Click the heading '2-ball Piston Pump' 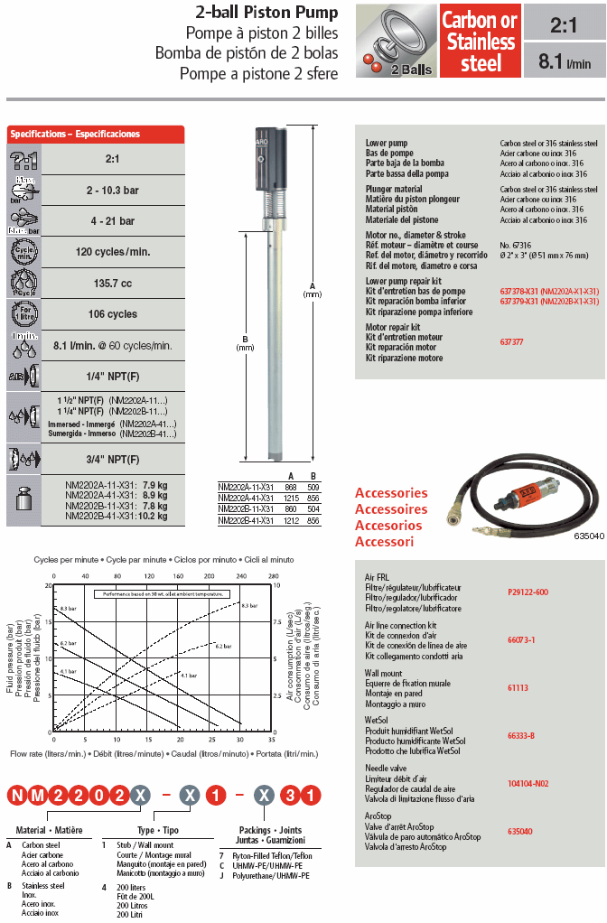[267, 13]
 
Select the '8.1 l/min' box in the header [565, 62]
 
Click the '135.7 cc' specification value [114, 284]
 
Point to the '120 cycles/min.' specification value [114, 252]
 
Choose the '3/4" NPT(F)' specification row [114, 459]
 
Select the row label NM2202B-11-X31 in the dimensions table [245, 509]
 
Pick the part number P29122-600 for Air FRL [528, 592]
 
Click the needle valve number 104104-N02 [528, 783]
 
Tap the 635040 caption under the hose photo [589, 536]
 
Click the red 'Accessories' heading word [391, 493]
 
